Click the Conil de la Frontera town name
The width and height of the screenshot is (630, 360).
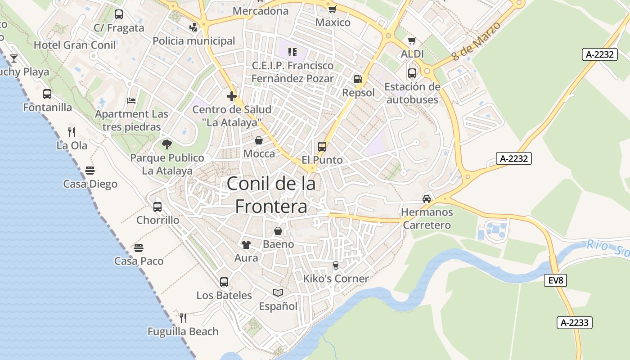[x=271, y=194]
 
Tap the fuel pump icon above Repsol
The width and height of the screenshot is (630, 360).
[x=358, y=79]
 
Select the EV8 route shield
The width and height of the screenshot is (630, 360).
[x=556, y=280]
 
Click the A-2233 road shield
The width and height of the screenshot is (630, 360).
[x=574, y=322]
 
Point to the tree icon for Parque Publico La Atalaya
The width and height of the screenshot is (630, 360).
[x=167, y=144]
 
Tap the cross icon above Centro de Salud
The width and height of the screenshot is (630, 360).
[x=232, y=96]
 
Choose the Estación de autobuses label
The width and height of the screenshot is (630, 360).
[x=412, y=93]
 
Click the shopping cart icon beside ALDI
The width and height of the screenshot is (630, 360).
[x=412, y=41]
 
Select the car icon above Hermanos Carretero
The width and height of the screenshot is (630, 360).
[x=426, y=198]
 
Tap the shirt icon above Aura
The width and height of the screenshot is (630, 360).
[x=246, y=245]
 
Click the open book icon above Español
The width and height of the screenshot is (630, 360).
[x=278, y=293]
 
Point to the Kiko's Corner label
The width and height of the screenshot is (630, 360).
[x=336, y=279]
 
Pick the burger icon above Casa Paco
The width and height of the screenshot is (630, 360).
[x=139, y=248]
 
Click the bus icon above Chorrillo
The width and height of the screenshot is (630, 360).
[x=157, y=207]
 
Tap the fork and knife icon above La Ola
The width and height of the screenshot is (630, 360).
[x=72, y=132]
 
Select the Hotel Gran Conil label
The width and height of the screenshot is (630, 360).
[x=75, y=45]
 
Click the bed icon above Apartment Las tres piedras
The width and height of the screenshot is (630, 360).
[x=131, y=100]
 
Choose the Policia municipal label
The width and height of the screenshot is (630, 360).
[x=194, y=41]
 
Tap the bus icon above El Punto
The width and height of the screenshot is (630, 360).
[x=322, y=146]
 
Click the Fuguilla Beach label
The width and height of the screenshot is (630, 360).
[x=183, y=332]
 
